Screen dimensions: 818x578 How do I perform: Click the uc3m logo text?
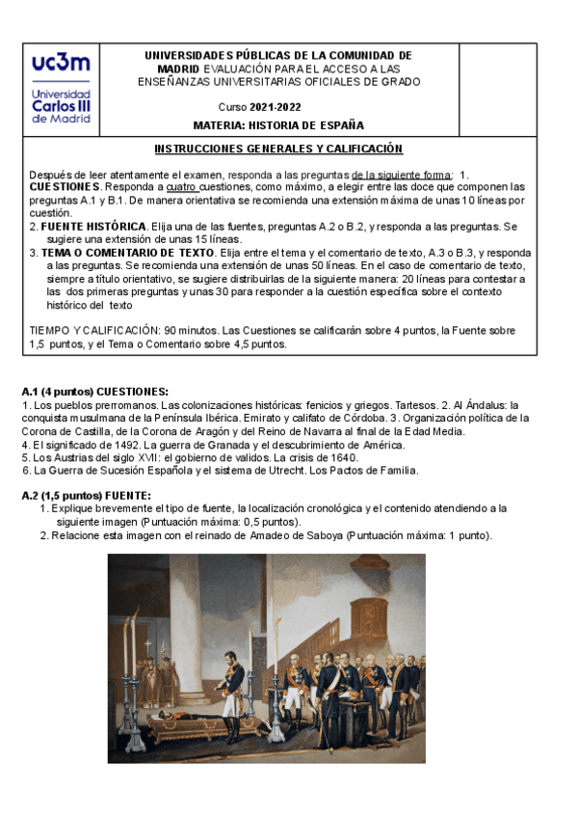[x=61, y=63]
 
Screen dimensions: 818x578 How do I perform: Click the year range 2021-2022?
[x=272, y=106]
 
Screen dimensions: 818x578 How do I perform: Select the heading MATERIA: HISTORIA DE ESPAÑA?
[x=278, y=124]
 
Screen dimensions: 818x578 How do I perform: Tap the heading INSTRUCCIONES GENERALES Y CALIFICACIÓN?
[x=278, y=150]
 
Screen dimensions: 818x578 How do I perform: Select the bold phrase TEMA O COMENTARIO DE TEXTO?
[x=127, y=253]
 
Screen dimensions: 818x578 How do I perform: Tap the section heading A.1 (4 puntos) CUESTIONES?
[x=94, y=392]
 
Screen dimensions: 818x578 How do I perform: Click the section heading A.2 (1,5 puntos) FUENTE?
[x=87, y=496]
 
